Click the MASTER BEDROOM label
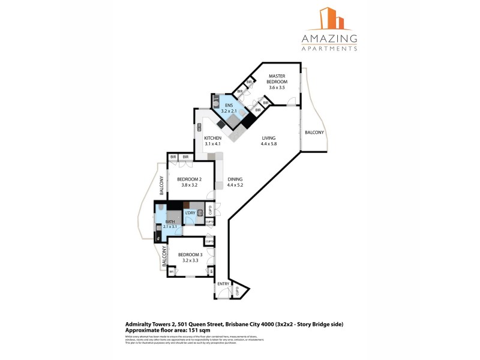pos(277,79)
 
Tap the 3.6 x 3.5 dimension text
pos(277,88)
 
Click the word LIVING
pos(268,138)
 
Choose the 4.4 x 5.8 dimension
pos(268,144)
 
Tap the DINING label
pos(235,179)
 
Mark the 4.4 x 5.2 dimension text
pos(235,185)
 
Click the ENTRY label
pos(223,284)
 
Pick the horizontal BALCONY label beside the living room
pos(314,133)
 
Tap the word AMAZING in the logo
pos(329,39)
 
